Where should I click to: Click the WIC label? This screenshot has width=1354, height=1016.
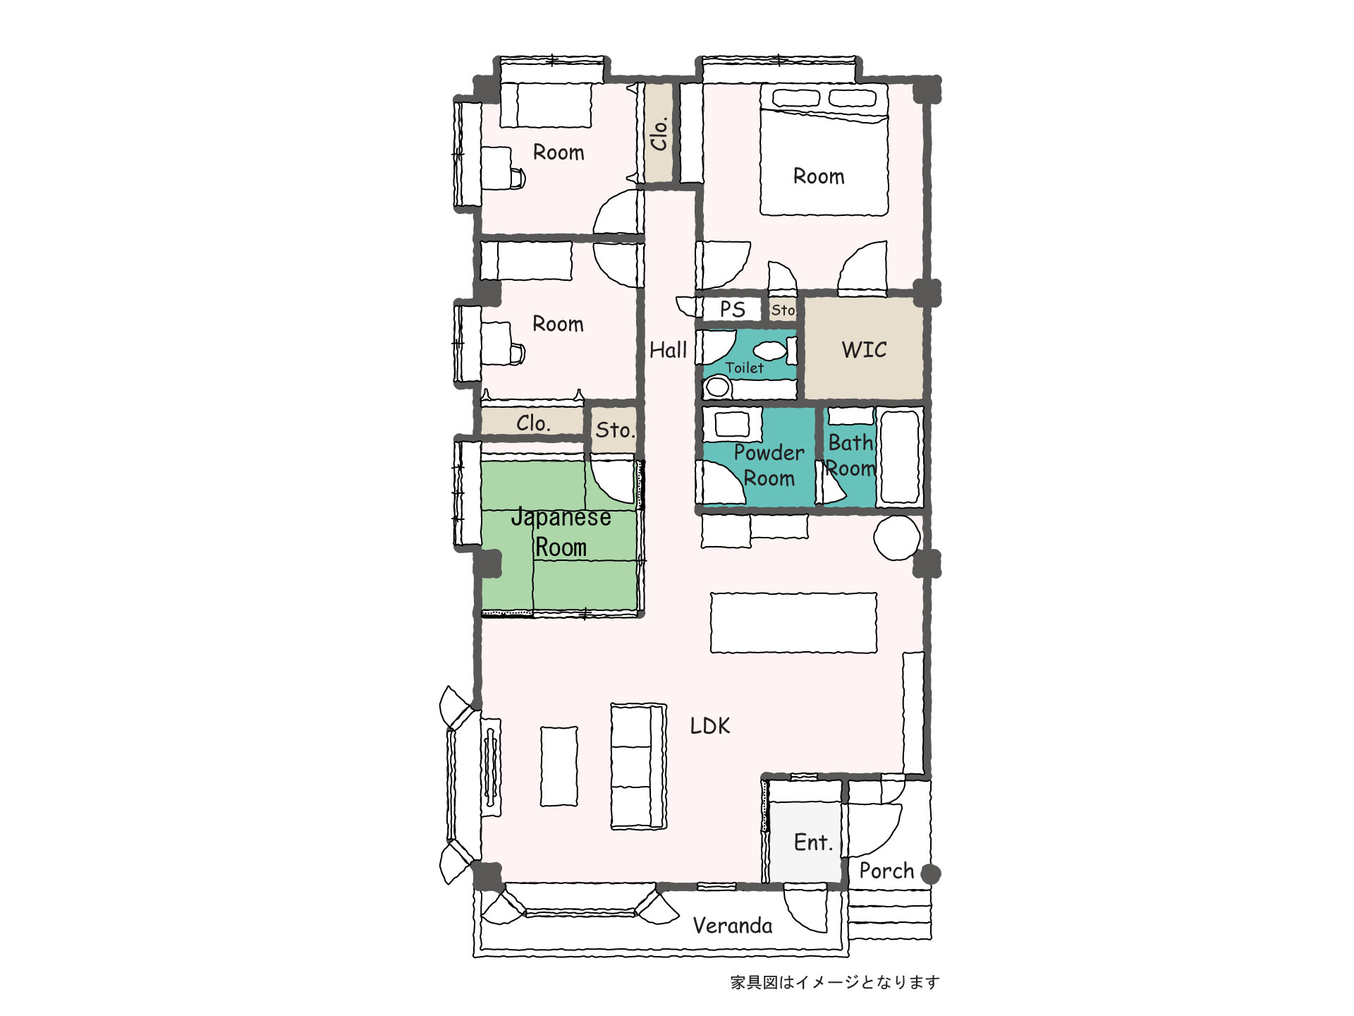(864, 349)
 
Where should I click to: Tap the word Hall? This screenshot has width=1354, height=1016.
(668, 350)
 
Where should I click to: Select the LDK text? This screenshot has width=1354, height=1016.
(709, 726)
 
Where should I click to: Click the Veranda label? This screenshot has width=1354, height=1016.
(732, 926)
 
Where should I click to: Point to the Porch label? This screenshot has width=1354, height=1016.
(886, 871)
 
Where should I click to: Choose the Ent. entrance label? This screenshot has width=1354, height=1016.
(813, 842)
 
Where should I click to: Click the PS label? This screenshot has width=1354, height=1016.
(732, 309)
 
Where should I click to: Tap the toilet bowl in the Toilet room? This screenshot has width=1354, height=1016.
(719, 387)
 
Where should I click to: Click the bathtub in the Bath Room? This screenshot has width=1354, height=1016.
(899, 457)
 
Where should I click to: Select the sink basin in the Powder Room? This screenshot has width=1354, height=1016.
(732, 424)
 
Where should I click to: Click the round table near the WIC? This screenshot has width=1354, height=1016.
(897, 538)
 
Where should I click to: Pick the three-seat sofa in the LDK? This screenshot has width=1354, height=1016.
(638, 766)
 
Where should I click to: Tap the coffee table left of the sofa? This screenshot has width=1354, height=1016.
(559, 766)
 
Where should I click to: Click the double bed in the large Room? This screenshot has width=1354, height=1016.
(824, 150)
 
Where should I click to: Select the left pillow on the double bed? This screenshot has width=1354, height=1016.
(795, 98)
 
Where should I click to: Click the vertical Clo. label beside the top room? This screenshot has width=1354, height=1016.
(659, 133)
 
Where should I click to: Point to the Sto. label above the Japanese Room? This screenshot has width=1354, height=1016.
(615, 430)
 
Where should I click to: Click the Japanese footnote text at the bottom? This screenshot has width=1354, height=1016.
(835, 982)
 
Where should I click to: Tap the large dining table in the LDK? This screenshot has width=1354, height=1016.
(793, 622)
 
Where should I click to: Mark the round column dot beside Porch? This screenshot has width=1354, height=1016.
(931, 874)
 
